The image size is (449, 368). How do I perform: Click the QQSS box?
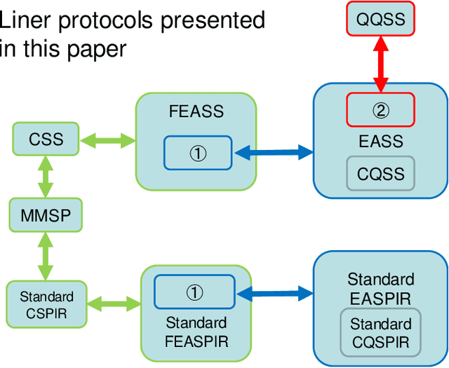(x=381, y=19)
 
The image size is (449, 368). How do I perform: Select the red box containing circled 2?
(x=381, y=109)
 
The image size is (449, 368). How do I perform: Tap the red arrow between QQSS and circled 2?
(x=381, y=64)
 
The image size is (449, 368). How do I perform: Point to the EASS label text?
(x=381, y=141)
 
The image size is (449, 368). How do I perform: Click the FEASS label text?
(x=196, y=111)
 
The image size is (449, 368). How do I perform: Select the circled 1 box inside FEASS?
(x=198, y=153)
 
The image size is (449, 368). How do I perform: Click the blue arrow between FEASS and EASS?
(x=273, y=151)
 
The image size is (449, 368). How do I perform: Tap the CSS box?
(x=46, y=139)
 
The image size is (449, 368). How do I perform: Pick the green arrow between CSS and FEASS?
(x=108, y=141)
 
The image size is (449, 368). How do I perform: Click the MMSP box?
(x=46, y=214)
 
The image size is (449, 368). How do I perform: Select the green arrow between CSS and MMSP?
(x=46, y=177)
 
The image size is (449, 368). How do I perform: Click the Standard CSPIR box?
(x=46, y=303)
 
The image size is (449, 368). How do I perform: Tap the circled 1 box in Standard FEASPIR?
(x=194, y=292)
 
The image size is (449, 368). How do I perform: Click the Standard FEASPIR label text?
(x=196, y=332)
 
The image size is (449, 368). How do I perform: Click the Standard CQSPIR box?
(x=381, y=334)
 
